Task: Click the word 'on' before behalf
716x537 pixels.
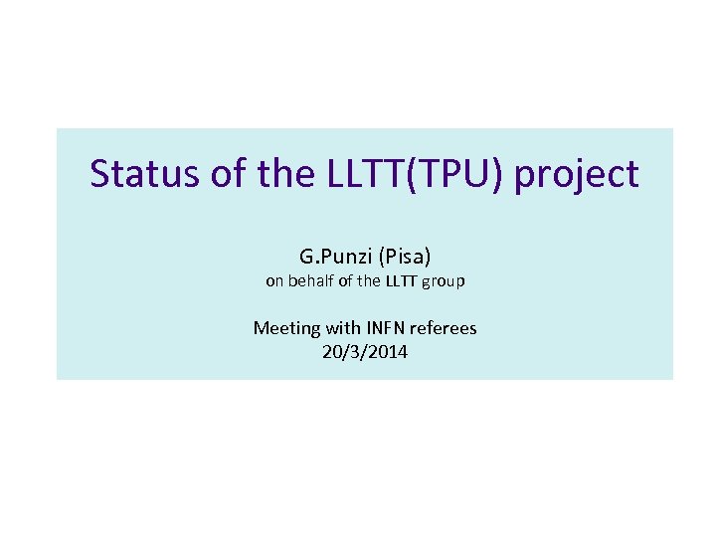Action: [x=274, y=281]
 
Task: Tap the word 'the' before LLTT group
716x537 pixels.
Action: [x=369, y=281]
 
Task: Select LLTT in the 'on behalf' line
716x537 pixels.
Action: [x=401, y=281]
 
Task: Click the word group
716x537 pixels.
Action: [x=444, y=282]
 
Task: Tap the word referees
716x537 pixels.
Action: [x=445, y=327]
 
